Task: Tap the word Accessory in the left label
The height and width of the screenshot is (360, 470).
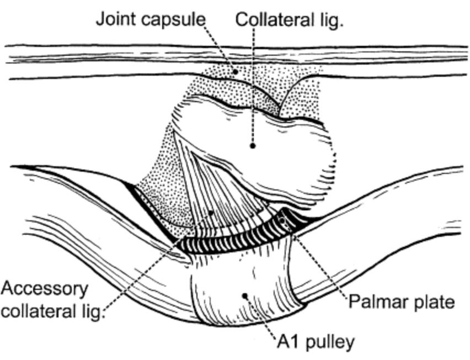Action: coord(44,288)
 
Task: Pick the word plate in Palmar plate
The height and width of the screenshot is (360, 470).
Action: coord(434,302)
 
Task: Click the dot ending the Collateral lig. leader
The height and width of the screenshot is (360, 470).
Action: coord(253,146)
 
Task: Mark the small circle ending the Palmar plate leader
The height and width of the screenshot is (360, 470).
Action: coord(284,221)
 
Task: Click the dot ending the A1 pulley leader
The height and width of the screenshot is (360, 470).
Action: coord(244,295)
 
